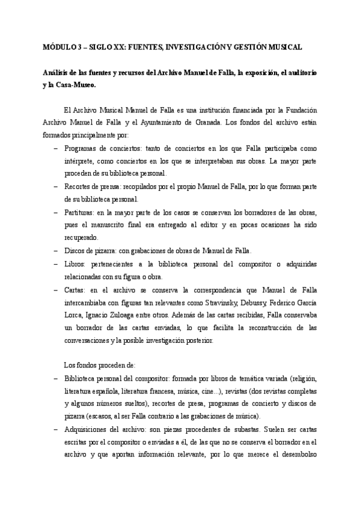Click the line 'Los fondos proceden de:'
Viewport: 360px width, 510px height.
click(x=99, y=364)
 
